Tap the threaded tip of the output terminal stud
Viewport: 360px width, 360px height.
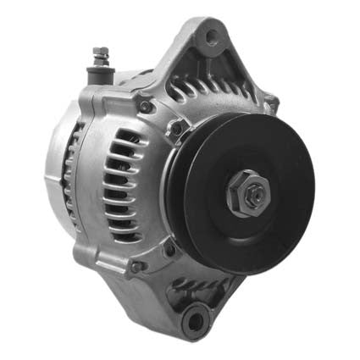pos(101,51)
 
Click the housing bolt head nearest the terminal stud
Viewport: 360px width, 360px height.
pos(144,107)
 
